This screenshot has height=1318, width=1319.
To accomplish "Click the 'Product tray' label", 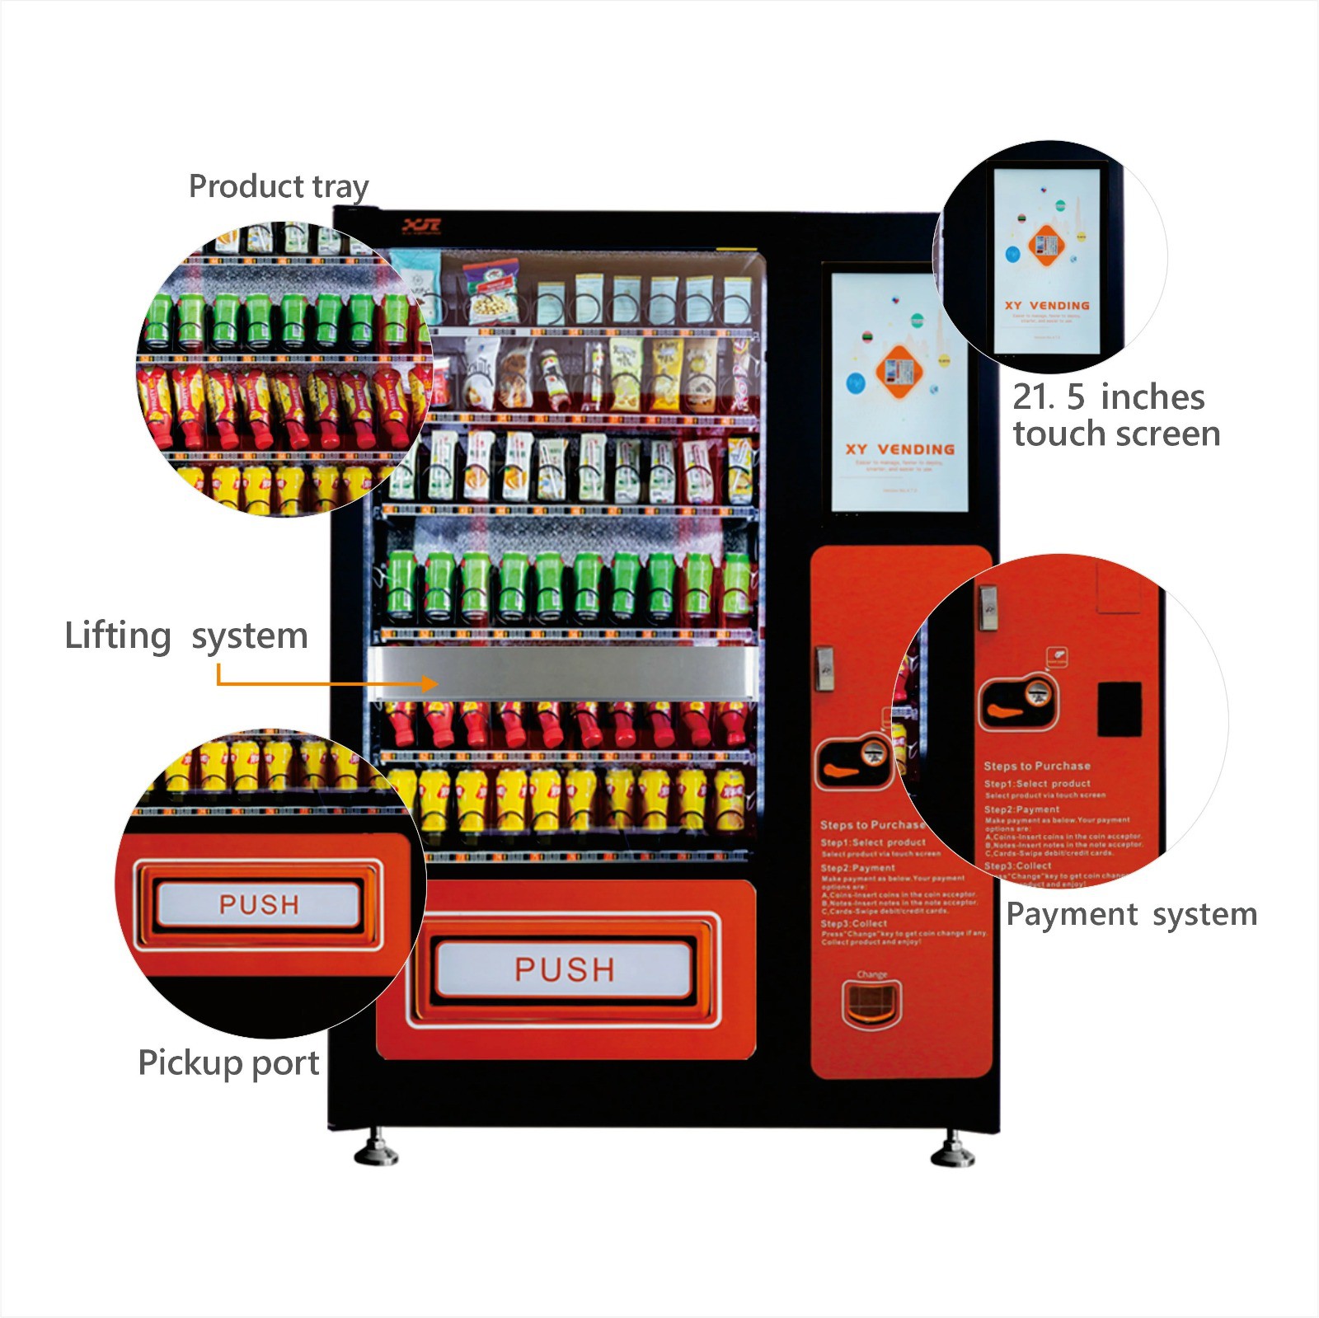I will (x=279, y=187).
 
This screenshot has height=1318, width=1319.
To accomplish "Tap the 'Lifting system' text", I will (x=186, y=636).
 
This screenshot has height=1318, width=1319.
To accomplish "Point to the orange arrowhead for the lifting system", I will (x=429, y=683).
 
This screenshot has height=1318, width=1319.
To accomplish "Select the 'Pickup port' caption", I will (x=228, y=1062).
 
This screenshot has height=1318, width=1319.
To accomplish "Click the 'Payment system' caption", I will (x=1131, y=915).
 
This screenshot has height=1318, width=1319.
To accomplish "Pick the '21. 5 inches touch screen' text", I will (x=1116, y=415).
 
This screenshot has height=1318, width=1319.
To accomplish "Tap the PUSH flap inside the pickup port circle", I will (x=259, y=904).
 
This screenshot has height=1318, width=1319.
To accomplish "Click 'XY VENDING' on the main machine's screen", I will (x=899, y=449).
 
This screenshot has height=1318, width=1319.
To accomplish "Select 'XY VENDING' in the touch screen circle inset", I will (x=1046, y=305).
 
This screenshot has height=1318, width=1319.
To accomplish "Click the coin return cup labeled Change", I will (x=871, y=1002).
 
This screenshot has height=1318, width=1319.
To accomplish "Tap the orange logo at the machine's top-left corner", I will (x=421, y=226).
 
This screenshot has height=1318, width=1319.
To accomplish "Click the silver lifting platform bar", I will (x=565, y=673).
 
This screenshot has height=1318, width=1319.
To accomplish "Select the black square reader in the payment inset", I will (x=1120, y=709).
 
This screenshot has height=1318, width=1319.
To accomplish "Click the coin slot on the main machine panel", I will (x=872, y=753).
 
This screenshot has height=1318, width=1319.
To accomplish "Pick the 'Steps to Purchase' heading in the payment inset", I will (x=1036, y=766).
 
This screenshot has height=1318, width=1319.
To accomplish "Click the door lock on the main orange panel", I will (x=824, y=668).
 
